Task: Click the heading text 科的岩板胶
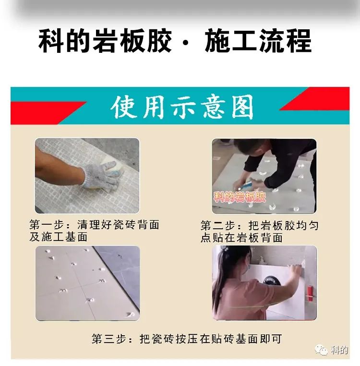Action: [x=105, y=41]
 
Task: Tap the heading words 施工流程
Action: [x=258, y=41]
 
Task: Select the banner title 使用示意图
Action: [x=182, y=108]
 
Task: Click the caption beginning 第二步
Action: [x=260, y=232]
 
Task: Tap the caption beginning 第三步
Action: [x=187, y=339]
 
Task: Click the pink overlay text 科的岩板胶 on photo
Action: [x=240, y=197]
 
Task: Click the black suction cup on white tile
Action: [x=271, y=281]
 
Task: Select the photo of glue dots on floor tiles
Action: [x=87, y=283]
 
